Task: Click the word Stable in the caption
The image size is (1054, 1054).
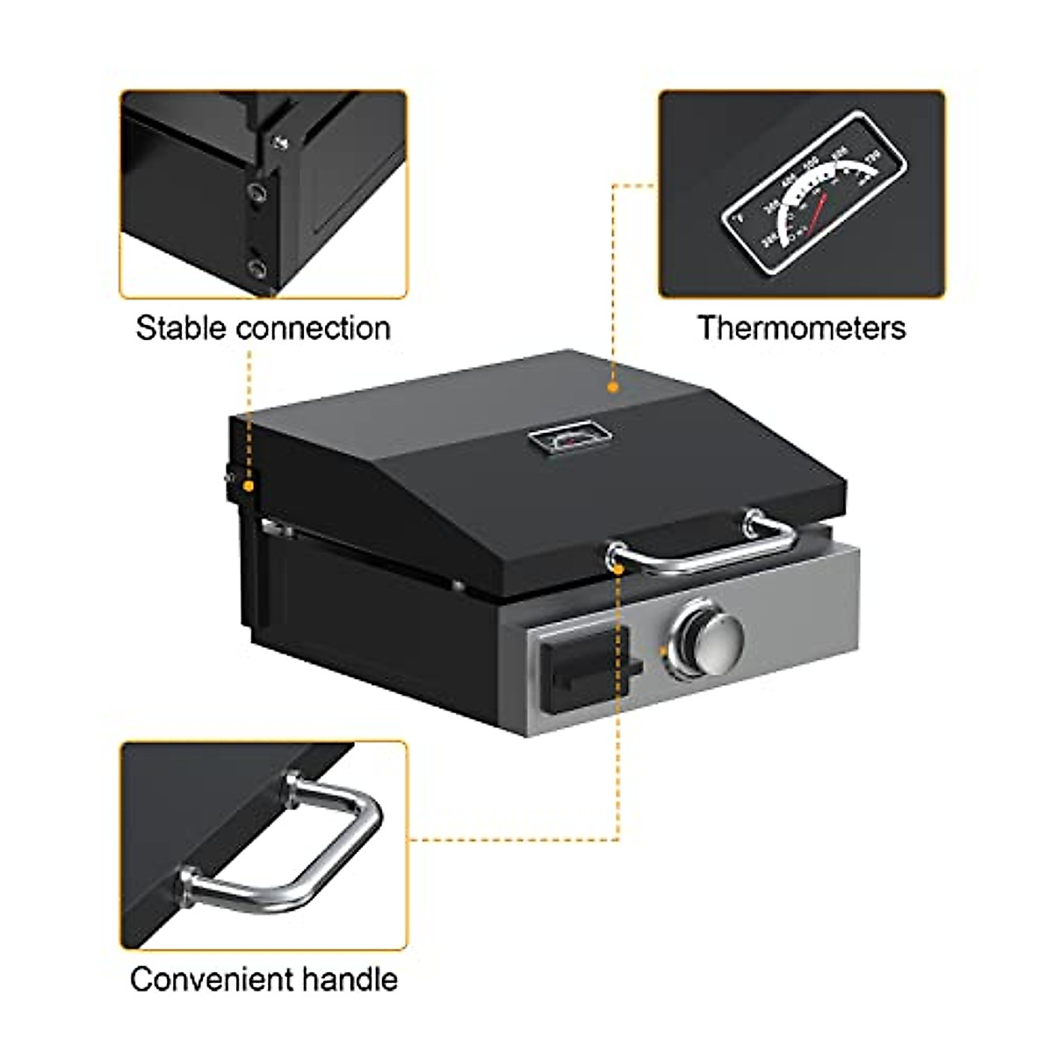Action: coord(180,328)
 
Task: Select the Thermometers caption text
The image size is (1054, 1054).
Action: coord(801,328)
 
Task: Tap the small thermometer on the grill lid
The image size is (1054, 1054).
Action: coord(567,437)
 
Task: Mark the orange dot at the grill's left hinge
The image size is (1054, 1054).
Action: coord(249,485)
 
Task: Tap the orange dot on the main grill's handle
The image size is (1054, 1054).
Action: coord(620,568)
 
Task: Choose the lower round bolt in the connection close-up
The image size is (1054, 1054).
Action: coord(256,265)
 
